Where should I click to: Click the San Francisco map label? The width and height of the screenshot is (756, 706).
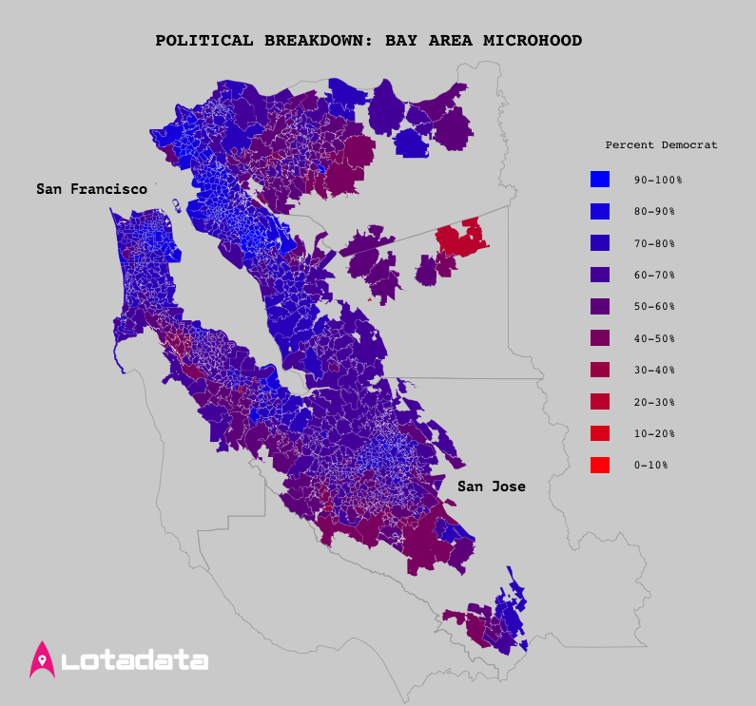[x=91, y=189]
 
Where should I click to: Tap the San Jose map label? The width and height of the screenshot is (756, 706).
[x=491, y=487]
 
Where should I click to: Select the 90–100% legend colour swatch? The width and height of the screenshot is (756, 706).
[x=599, y=179]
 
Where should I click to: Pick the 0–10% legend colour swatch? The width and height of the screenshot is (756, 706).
[x=599, y=465]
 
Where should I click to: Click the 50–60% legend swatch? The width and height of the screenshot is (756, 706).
[x=599, y=306]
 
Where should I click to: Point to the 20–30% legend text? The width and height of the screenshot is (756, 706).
[x=654, y=402]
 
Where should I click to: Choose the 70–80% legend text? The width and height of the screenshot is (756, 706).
[x=654, y=243]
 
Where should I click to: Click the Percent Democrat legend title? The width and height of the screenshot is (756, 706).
[x=661, y=145]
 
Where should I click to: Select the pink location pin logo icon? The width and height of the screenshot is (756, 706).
[x=43, y=659]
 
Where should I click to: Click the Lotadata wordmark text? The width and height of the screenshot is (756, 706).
[x=134, y=660]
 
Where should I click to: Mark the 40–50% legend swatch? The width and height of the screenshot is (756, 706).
[x=599, y=338]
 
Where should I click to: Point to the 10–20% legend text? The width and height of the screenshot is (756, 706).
[x=654, y=433]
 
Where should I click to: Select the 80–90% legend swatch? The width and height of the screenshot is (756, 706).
[x=599, y=211]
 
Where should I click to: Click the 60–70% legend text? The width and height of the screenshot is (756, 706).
[x=654, y=275]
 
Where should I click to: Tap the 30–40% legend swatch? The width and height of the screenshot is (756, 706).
[x=599, y=370]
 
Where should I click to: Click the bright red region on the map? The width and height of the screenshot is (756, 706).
[x=459, y=239]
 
